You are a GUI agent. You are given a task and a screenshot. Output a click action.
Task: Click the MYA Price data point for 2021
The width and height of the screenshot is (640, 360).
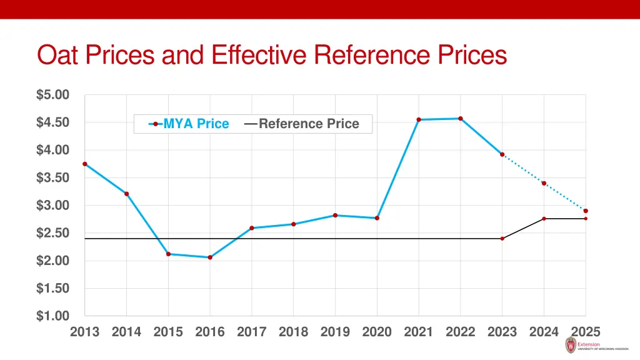419,119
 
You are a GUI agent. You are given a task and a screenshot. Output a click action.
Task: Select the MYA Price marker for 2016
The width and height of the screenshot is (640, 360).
210,257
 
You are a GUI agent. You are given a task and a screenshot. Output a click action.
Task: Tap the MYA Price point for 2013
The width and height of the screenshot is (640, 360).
85,164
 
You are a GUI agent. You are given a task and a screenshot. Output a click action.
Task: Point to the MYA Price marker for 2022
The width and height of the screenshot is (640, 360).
461,118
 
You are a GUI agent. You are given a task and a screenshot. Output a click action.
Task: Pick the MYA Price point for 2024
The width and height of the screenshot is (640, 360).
544,183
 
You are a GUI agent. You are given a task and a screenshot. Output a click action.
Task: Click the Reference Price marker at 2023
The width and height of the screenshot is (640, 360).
502,238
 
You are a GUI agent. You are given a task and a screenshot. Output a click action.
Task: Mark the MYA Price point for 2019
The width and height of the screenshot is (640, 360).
335,215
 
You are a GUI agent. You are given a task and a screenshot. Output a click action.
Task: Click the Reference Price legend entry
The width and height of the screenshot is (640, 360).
302,124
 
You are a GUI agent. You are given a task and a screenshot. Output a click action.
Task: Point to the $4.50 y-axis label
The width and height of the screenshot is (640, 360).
52,122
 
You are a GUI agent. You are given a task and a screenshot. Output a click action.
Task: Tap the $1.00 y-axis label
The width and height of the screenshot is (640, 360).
52,316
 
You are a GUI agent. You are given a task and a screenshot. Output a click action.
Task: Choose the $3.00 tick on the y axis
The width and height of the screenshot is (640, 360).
52,206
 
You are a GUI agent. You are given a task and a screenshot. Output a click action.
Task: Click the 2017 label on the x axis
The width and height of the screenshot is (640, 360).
252,332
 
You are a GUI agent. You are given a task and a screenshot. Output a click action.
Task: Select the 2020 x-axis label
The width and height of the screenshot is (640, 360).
377,332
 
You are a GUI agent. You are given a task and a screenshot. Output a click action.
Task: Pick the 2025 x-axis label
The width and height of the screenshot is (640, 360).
586,332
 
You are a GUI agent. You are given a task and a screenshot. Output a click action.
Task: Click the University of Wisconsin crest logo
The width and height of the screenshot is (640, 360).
570,345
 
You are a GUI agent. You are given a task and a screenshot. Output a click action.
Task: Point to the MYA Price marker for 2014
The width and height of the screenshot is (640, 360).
127,194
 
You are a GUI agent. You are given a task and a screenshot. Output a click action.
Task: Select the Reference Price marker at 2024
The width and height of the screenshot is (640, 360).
544,218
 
